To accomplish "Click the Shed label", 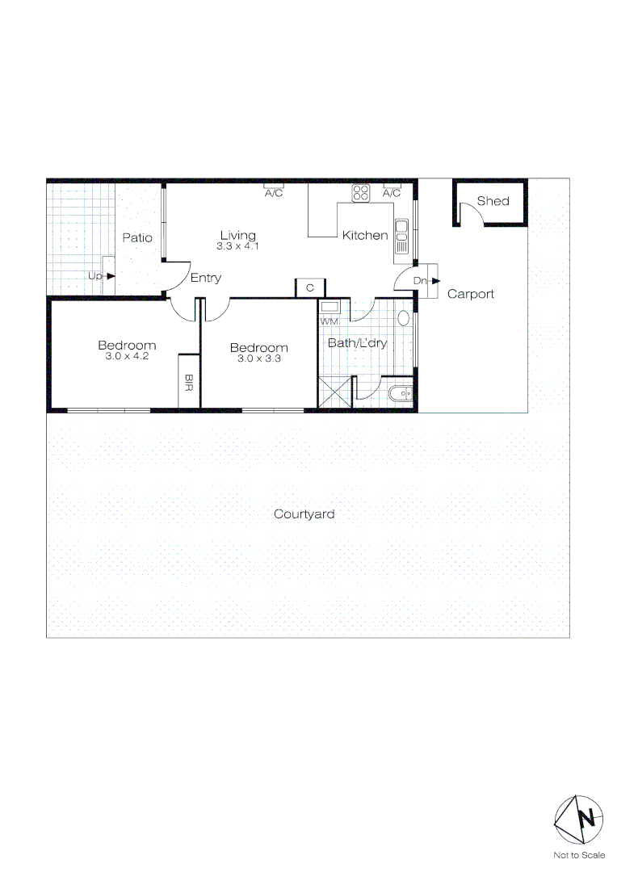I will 493,200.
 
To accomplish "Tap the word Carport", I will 470,294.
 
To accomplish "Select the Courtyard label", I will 304,514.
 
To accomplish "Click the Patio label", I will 137,237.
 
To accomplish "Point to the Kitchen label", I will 365,235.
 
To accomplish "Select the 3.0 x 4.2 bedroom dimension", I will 127,356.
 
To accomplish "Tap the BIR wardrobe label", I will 189,380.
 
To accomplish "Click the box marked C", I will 309,287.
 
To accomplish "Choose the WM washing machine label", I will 329,321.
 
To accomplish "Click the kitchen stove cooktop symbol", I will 361,193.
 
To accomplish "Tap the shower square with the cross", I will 335,393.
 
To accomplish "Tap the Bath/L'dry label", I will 357,342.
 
